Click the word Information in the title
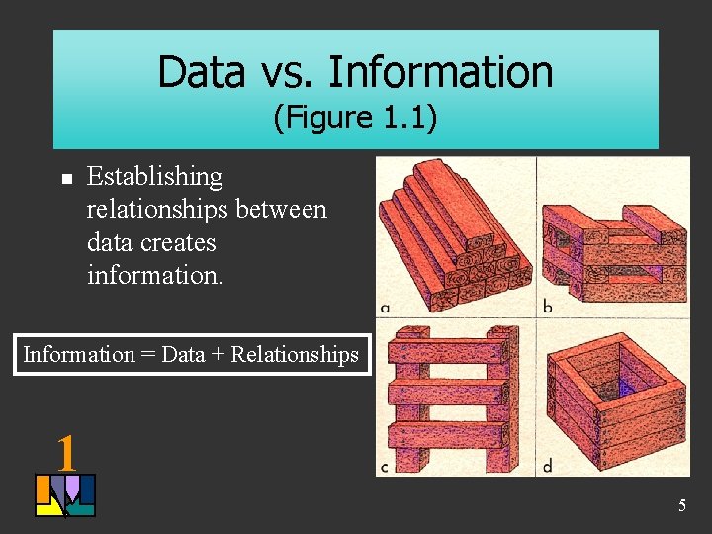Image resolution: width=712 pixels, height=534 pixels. point(440,72)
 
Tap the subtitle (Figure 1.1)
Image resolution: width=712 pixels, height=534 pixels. point(355,118)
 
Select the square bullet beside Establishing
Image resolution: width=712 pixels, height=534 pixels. point(66,179)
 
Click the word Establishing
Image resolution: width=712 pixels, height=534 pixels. point(155,177)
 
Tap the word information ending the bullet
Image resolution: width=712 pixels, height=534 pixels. point(155,274)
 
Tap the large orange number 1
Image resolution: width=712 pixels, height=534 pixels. point(66,453)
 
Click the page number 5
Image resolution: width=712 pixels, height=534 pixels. point(681,506)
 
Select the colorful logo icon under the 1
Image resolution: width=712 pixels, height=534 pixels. point(65,495)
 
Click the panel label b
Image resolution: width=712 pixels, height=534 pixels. point(547,307)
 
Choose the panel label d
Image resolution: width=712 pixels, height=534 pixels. point(547,466)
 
